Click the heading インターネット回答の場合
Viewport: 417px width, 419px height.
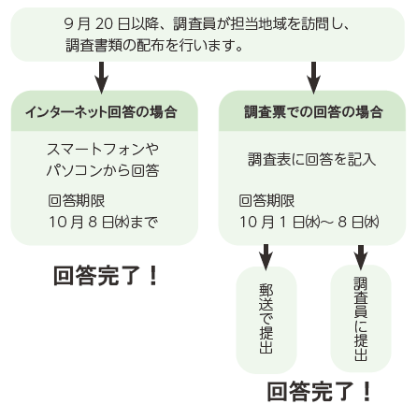(x=101, y=112)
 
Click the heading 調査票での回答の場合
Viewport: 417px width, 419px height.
(x=313, y=112)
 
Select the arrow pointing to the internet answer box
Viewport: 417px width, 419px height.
(x=101, y=78)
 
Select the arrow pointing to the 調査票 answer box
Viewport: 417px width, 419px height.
(x=313, y=78)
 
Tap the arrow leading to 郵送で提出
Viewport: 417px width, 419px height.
(x=266, y=257)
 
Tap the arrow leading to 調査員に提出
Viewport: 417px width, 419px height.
(x=361, y=257)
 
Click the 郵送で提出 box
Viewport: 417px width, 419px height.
(x=266, y=320)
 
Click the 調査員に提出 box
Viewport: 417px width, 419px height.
(x=361, y=319)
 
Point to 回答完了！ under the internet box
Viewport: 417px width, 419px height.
(x=106, y=276)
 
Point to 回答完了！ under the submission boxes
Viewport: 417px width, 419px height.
(x=320, y=392)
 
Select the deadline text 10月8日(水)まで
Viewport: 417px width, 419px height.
(x=104, y=222)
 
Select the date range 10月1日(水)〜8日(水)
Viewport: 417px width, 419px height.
(x=309, y=222)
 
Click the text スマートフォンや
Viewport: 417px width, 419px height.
(x=103, y=150)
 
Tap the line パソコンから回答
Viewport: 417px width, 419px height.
(x=103, y=170)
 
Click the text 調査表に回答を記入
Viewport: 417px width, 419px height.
(x=312, y=159)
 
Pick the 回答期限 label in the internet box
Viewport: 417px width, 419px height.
(x=77, y=200)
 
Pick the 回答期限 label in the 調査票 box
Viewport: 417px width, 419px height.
(x=266, y=200)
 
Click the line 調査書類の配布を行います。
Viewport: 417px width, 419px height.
(x=154, y=46)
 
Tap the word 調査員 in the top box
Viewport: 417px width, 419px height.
(x=194, y=24)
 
